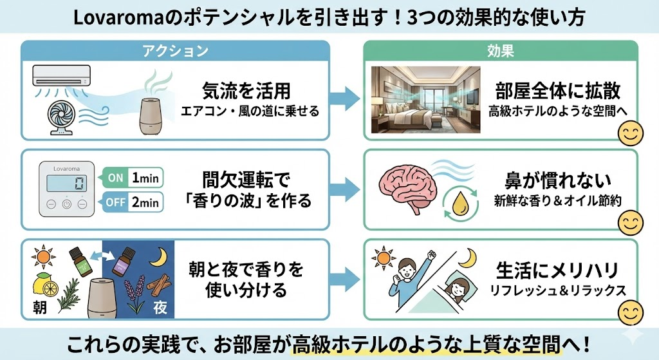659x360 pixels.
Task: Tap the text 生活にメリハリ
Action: (557, 269)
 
